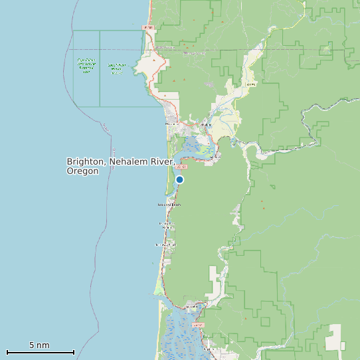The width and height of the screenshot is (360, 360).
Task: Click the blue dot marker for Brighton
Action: pyautogui.click(x=179, y=179)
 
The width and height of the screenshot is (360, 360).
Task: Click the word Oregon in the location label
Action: pyautogui.click(x=82, y=171)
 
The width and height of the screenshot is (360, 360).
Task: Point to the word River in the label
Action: pyautogui.click(x=160, y=161)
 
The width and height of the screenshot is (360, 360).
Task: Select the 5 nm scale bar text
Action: pyautogui.click(x=39, y=345)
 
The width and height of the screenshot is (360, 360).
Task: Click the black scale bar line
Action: pyautogui.click(x=40, y=352)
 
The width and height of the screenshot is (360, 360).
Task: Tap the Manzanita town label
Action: pyautogui.click(x=171, y=124)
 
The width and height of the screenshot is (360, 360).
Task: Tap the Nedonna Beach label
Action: pyautogui.click(x=169, y=205)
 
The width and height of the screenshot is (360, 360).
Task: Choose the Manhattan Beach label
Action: pyautogui.click(x=166, y=226)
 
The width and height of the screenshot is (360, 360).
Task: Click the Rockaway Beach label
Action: pyautogui.click(x=166, y=245)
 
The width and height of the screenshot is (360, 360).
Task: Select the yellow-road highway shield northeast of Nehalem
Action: pyautogui.click(x=250, y=85)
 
